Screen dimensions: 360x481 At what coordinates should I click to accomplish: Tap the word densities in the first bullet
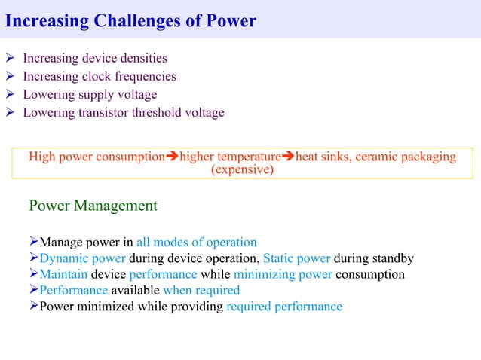pyautogui.click(x=139, y=58)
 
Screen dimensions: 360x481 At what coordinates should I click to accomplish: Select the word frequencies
pyautogui.click(x=142, y=76)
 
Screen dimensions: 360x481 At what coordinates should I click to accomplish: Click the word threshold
pyautogui.click(x=153, y=113)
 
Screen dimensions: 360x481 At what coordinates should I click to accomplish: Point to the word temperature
pyautogui.click(x=248, y=157)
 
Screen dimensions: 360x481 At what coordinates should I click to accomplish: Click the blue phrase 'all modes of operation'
pyautogui.click(x=197, y=243)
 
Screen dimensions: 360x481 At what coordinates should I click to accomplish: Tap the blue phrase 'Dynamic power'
pyautogui.click(x=82, y=258)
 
